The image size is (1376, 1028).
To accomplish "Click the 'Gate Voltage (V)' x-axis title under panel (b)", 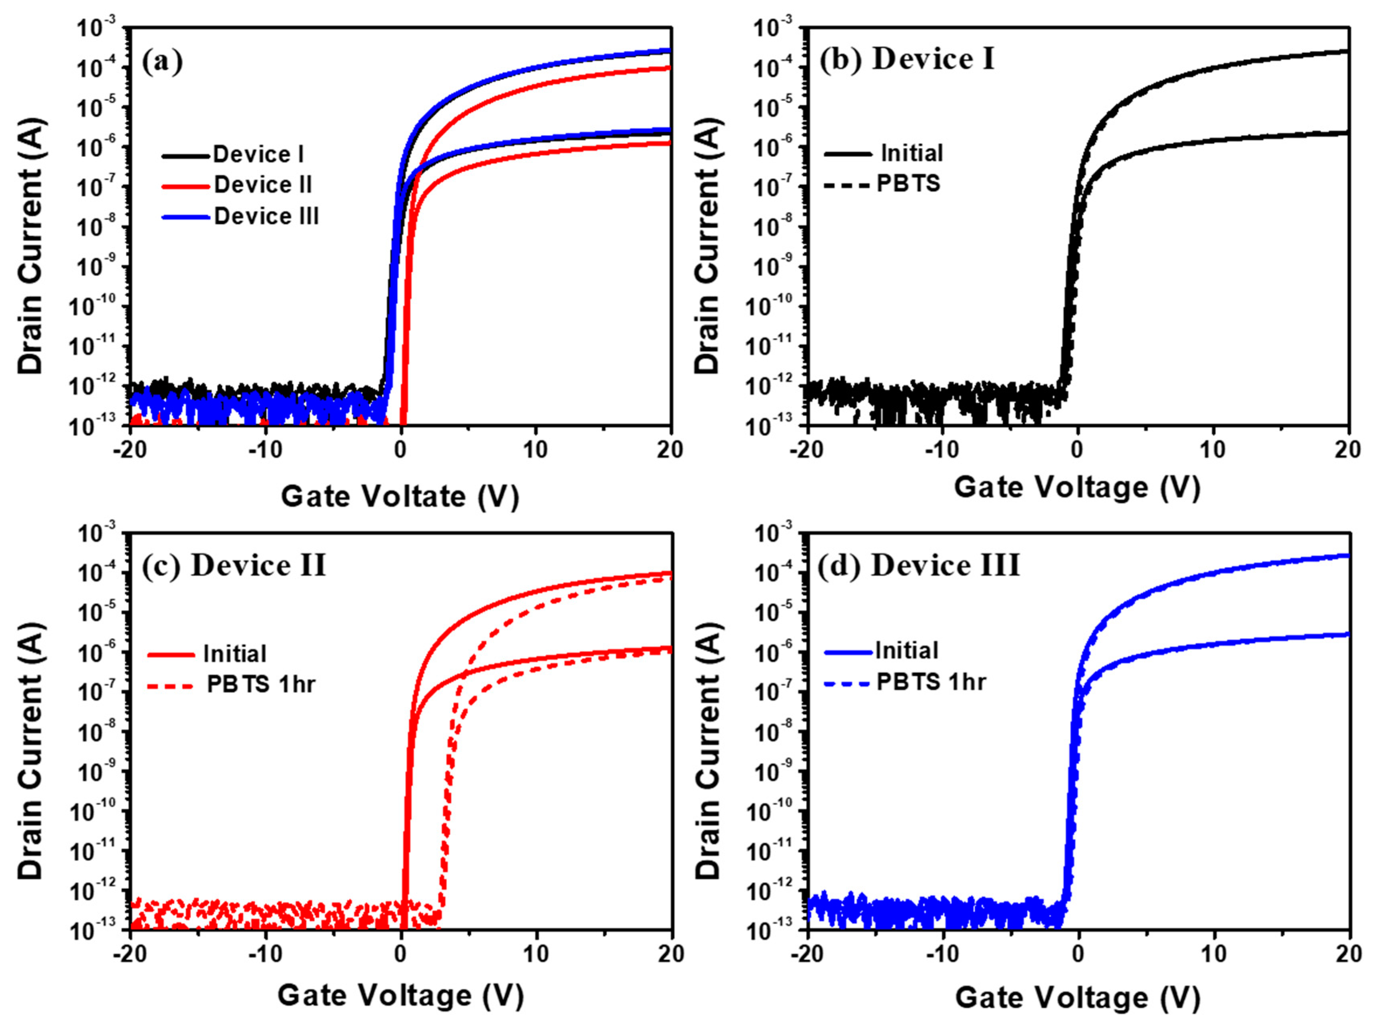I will tap(1077, 487).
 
